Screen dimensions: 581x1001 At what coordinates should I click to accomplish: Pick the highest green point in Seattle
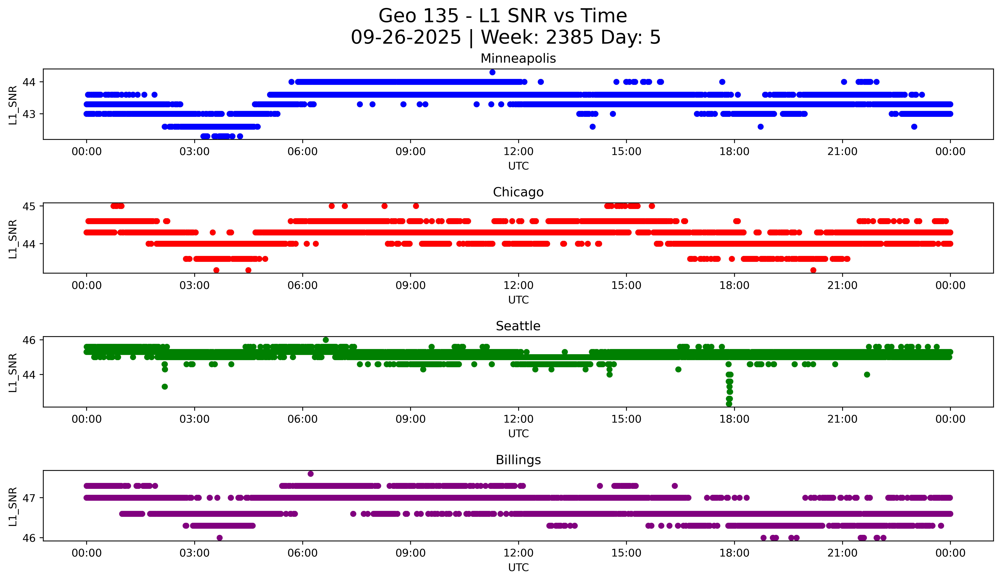point(326,340)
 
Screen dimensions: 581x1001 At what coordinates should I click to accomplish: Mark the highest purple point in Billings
point(311,474)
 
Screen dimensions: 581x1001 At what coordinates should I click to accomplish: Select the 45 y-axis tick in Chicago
point(29,206)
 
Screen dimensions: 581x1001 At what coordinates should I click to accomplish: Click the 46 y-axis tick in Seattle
point(29,340)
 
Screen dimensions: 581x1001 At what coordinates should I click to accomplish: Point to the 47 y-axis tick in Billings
point(29,498)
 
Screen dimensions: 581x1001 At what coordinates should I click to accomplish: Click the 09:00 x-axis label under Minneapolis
point(410,152)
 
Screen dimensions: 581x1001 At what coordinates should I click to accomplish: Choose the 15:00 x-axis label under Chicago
point(626,286)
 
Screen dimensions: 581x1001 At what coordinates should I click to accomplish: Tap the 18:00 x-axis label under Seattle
point(734,419)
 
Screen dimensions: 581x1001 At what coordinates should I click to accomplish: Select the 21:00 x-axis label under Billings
point(842,553)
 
